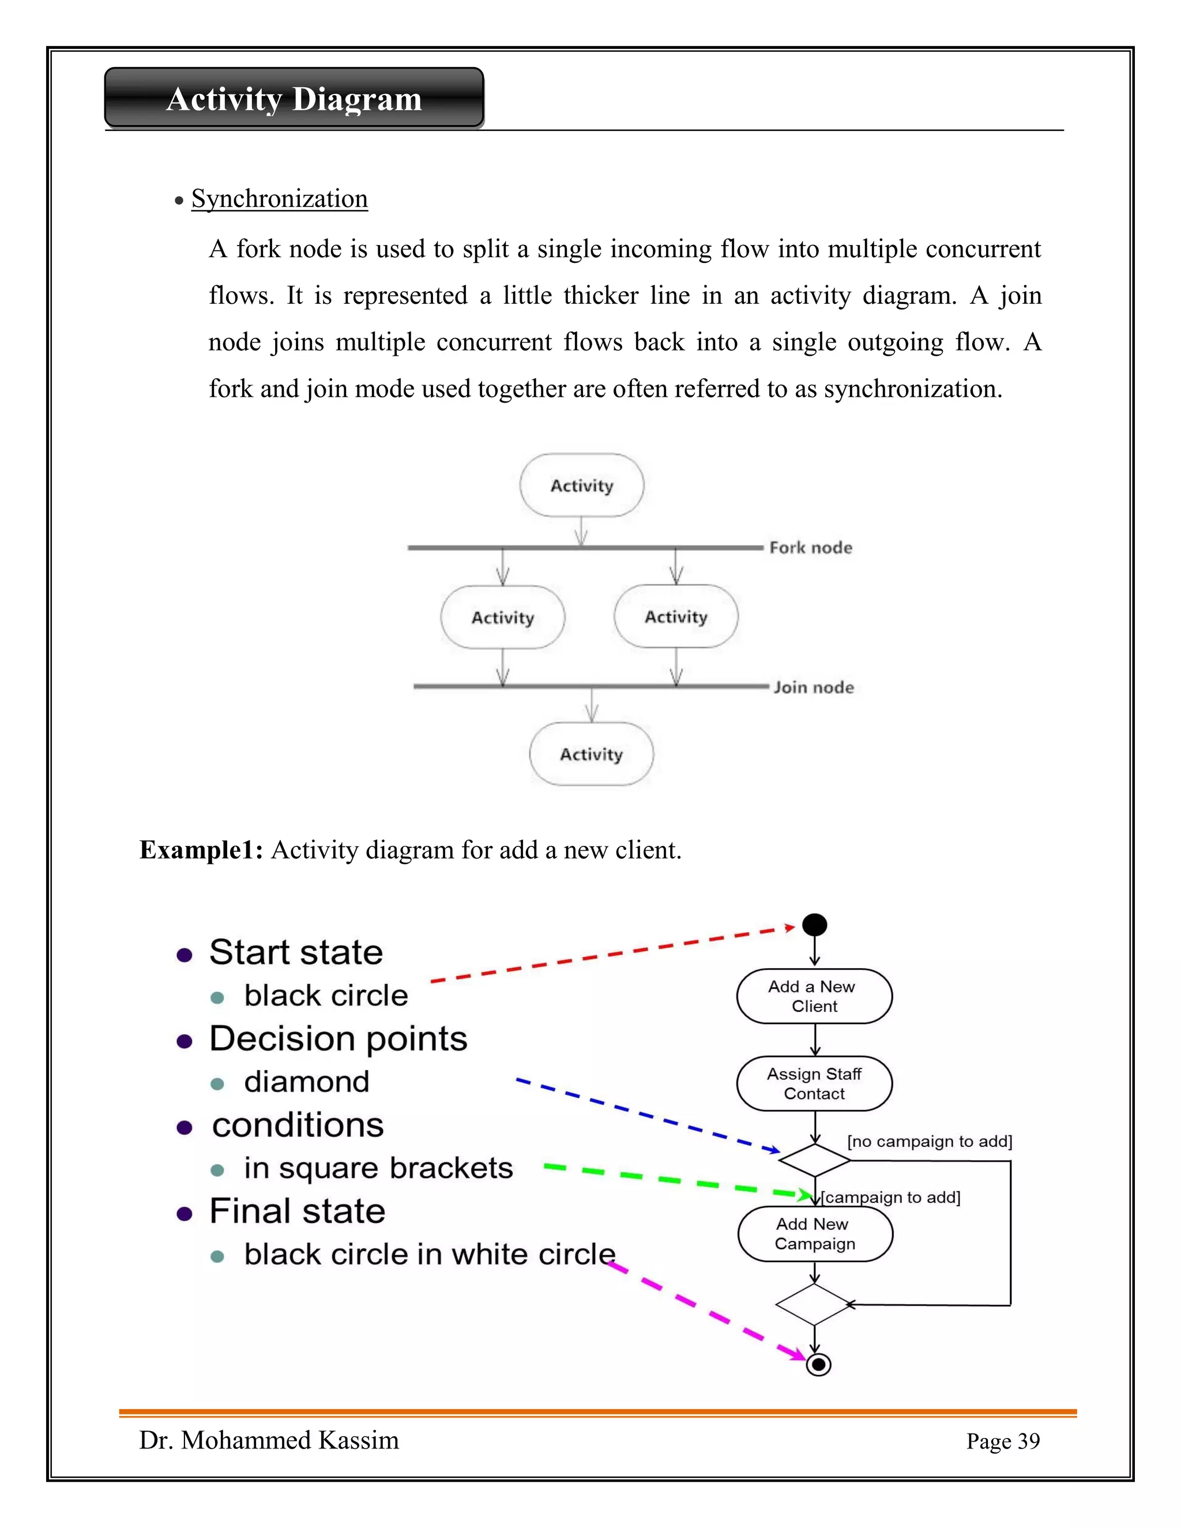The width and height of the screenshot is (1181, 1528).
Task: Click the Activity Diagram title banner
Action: point(294,98)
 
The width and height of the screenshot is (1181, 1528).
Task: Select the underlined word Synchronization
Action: point(279,199)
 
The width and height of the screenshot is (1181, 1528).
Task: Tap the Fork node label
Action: point(810,548)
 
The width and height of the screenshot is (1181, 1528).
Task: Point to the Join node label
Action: point(813,687)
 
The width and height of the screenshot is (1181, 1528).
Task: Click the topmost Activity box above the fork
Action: point(581,486)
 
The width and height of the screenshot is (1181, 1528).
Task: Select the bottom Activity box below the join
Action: point(591,754)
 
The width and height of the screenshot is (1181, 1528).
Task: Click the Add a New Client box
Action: point(814,996)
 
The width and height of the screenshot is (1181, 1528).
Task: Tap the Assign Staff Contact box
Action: point(814,1084)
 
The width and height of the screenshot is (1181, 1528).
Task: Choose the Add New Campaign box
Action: point(814,1234)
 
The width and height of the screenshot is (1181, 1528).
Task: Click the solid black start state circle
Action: point(814,925)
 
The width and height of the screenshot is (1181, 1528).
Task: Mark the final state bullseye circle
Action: point(818,1364)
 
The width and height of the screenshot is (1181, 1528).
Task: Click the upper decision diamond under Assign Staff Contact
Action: point(814,1160)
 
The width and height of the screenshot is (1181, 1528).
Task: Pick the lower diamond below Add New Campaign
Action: point(813,1304)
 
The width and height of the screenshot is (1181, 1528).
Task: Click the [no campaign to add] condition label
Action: point(929,1142)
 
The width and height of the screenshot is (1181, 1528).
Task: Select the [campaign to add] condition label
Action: point(890,1198)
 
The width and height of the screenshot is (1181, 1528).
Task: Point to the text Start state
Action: point(296,953)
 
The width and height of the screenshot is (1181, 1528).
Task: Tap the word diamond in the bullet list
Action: point(306,1082)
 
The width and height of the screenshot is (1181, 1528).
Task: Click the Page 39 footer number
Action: point(1003,1442)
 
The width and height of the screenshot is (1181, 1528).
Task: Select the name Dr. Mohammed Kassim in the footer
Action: point(269,1440)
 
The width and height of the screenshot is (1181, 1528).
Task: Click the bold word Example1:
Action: point(201,850)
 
